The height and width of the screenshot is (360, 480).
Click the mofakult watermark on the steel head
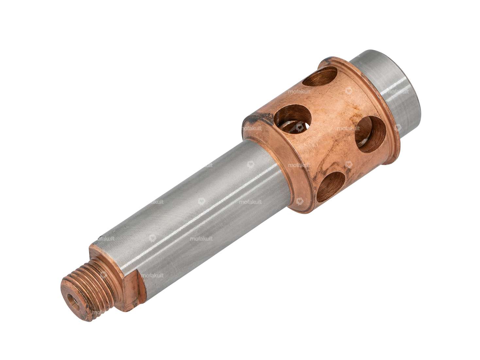pos(397,92)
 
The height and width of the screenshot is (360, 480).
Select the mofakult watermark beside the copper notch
pos(152,275)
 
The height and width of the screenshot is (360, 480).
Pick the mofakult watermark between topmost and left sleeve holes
pos(300,92)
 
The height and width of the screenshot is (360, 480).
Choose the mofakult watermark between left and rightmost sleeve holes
pos(348,129)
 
